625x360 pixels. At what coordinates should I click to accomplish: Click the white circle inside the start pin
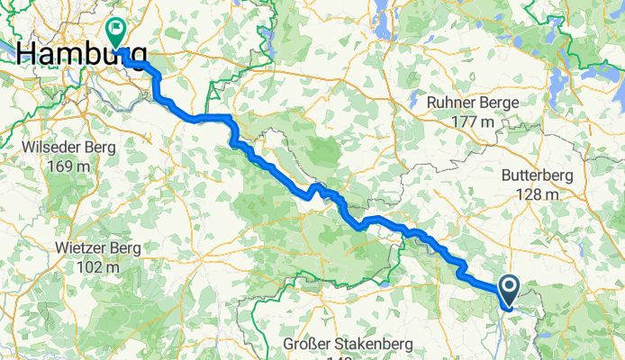tap(509, 287)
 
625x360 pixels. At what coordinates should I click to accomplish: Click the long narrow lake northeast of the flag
tap(267, 38)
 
